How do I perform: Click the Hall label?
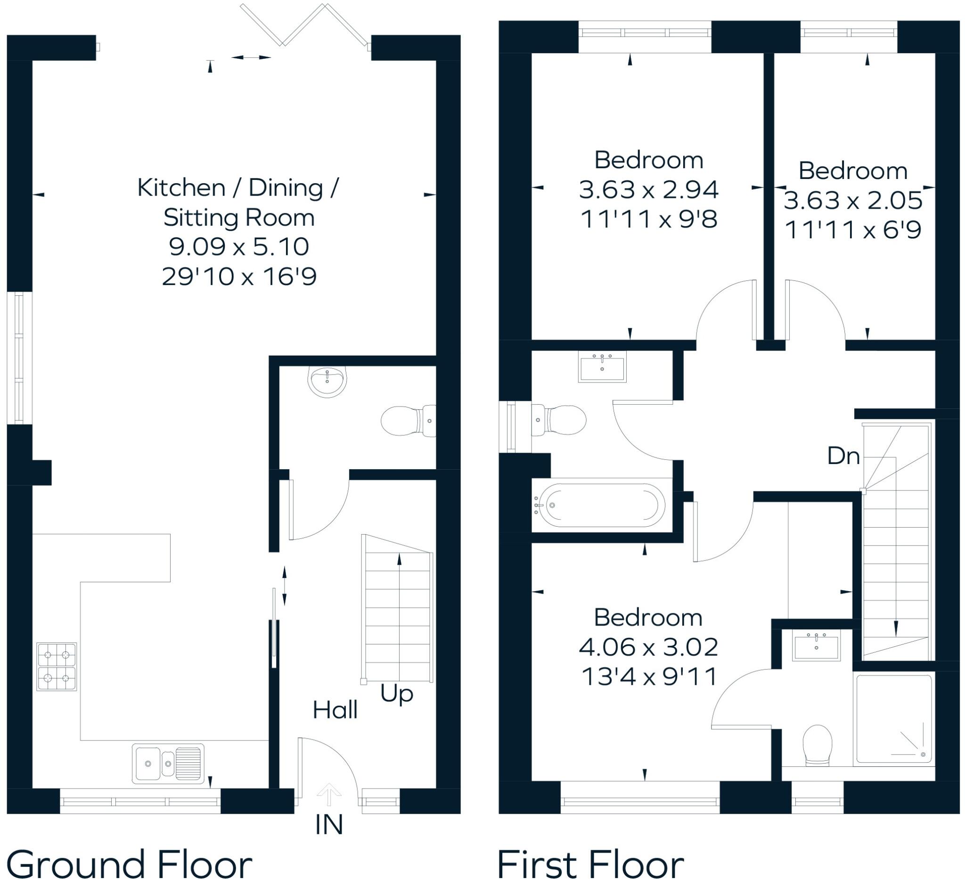tap(335, 710)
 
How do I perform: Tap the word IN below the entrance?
tap(329, 825)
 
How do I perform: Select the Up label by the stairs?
tap(397, 693)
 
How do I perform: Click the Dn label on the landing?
tap(843, 456)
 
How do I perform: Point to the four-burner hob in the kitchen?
tap(57, 667)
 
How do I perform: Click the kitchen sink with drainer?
tap(168, 763)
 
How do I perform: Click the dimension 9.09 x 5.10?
tap(239, 247)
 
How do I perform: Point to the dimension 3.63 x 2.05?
tap(853, 200)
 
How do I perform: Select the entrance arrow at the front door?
tap(329, 796)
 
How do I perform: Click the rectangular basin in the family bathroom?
tap(602, 367)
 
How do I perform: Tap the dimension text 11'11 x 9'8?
tap(649, 220)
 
